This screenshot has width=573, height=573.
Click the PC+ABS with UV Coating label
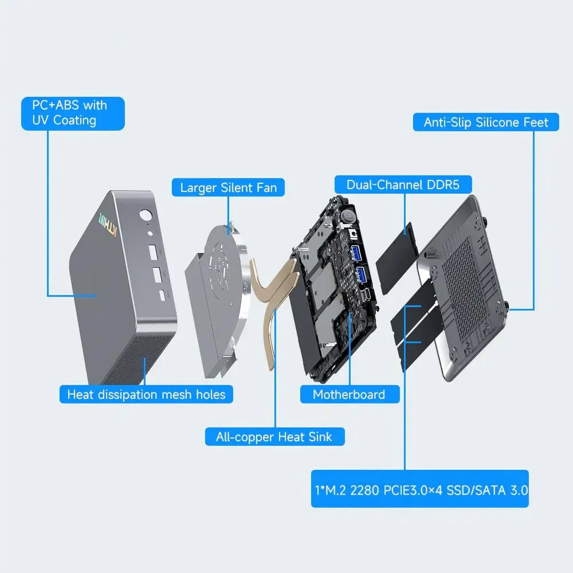[73, 113]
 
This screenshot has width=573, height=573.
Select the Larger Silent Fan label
[228, 187]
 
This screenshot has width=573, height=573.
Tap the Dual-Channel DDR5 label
[403, 185]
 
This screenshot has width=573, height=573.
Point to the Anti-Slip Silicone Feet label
[486, 122]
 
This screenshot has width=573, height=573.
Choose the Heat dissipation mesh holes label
[146, 394]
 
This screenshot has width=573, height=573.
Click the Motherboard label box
[350, 394]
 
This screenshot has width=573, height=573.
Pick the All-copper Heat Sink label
[274, 437]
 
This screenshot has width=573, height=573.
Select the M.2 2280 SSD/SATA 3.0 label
[420, 489]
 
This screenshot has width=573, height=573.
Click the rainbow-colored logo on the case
[108, 225]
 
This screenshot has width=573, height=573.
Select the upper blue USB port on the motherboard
[356, 253]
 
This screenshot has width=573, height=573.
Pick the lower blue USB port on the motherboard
[361, 274]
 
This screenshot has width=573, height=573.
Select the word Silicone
[498, 122]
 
